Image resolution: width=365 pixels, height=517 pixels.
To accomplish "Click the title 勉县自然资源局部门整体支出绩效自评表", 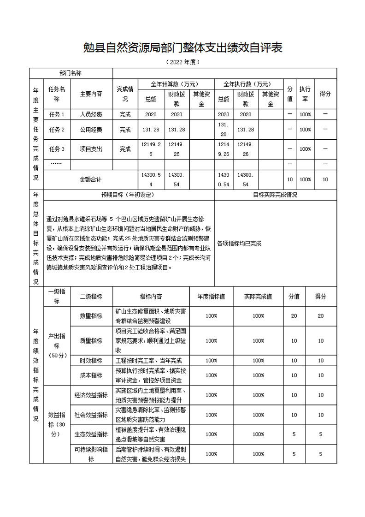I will [182, 48].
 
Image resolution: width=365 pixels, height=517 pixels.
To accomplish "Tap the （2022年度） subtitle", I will [182, 62].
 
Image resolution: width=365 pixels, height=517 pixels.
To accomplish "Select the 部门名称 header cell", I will [71, 73].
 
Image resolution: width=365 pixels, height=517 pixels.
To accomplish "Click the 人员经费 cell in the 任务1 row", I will [91, 114].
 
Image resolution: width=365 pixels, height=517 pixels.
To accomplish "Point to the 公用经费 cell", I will [91, 130].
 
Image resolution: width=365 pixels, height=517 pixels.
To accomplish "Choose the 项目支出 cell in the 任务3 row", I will [91, 149].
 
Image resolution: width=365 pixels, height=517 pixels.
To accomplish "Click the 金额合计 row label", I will [91, 179].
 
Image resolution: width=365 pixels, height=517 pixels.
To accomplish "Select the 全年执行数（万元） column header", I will [248, 84].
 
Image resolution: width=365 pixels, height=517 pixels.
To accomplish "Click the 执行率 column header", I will [305, 94].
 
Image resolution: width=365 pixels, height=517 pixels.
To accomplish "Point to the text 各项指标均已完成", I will [239, 244].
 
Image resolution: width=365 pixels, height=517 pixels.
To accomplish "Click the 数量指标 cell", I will [91, 316].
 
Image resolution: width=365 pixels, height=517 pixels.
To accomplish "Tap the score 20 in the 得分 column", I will [321, 316].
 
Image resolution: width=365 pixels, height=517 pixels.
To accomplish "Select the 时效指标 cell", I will [91, 361].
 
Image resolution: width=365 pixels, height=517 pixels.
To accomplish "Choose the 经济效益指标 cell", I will [91, 395].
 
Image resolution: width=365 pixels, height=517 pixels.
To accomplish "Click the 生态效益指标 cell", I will [91, 434].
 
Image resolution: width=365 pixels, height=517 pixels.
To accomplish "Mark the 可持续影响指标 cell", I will [91, 454].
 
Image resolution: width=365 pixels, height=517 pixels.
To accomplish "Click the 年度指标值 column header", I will [212, 297].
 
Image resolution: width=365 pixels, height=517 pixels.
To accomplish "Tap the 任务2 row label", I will [57, 130].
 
